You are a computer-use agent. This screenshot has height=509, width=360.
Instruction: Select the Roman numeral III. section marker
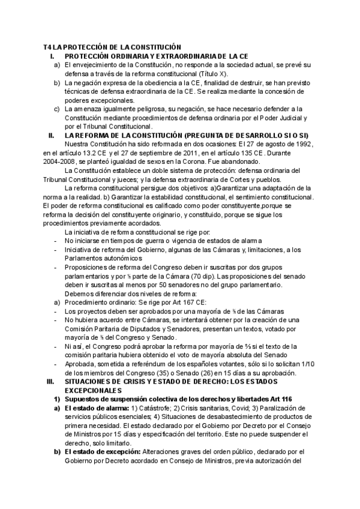point(50,381)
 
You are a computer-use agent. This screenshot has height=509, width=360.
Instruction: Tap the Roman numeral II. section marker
point(51,136)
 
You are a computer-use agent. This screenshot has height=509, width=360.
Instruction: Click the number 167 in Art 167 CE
point(178,303)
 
